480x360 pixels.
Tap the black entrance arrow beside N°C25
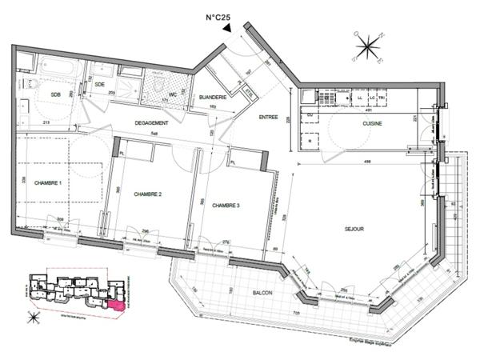point(228,27)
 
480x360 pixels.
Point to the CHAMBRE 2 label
point(148,194)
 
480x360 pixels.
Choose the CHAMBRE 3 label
point(226,205)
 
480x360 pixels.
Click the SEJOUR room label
point(354,229)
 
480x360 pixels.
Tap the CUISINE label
point(372,124)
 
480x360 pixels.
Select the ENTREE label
point(268,117)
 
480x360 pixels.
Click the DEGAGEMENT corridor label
point(150,122)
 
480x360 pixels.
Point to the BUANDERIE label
point(214,98)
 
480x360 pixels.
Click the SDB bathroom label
point(56,95)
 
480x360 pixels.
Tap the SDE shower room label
point(100,84)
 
